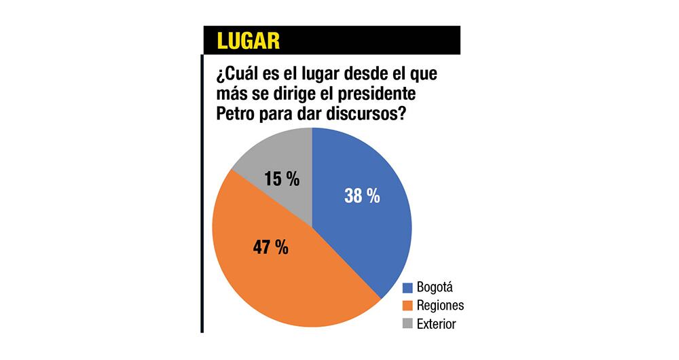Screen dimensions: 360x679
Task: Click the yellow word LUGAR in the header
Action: [249, 41]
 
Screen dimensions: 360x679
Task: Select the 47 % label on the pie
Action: [269, 247]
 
